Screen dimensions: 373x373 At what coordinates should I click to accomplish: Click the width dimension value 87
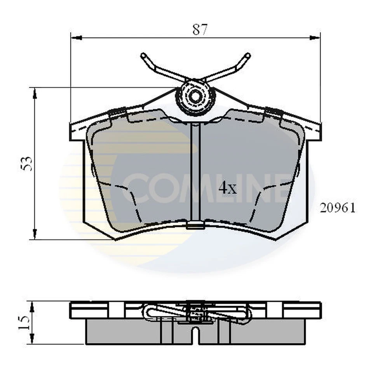pos(200,30)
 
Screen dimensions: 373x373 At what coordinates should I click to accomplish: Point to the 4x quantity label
pos(227,188)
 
